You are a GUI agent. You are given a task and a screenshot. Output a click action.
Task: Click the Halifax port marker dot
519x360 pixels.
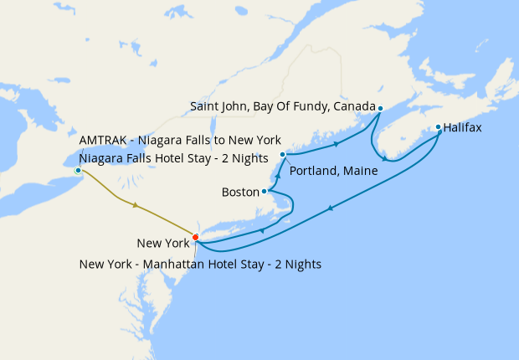coord(439,128)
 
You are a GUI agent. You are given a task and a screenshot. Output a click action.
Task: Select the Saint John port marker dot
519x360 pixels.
coord(380,108)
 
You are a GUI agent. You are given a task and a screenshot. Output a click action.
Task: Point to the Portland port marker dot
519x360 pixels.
coord(283,155)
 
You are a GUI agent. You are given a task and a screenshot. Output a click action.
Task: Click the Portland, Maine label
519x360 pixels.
coord(332,171)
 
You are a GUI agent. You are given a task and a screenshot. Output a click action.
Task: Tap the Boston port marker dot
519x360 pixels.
coord(265,191)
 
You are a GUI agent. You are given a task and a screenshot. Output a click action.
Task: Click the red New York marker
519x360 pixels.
coord(195,237)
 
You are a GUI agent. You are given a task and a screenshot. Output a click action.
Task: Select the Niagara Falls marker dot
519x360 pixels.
coord(78,171)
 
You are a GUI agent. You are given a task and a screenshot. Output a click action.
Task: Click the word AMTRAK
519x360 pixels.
coord(104,139)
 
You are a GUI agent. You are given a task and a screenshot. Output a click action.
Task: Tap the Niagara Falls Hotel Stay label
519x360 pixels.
coord(172,157)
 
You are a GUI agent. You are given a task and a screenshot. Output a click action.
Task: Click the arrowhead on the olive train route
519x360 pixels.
coord(135,205)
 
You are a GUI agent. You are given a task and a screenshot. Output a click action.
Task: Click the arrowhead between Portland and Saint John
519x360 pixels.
coord(337,144)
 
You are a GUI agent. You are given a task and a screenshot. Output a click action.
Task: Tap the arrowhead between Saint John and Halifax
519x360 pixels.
coord(383,158)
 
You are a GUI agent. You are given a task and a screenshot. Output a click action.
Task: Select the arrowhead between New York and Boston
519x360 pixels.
coord(263,230)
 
